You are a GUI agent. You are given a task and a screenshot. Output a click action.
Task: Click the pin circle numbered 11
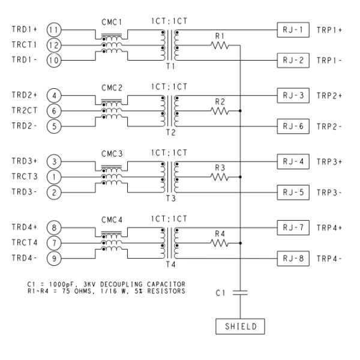coord(53,29)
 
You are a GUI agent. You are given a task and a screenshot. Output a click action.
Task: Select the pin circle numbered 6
coord(53,111)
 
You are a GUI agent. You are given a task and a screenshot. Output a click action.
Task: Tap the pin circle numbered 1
coord(53,177)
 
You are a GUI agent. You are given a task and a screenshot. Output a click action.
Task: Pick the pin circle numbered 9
coord(53,259)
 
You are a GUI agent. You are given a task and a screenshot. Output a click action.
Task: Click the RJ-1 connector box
coord(293,29)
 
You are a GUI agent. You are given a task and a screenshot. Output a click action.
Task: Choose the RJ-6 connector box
coord(293,127)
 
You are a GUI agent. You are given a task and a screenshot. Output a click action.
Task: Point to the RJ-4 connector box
coord(293,161)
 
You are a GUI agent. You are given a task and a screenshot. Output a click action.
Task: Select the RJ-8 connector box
coord(293,259)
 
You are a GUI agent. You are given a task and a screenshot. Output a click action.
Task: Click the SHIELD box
coord(240,327)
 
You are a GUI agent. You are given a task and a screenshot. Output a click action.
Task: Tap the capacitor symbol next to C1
coord(240,292)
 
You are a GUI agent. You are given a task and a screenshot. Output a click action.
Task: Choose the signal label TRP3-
coord(329,193)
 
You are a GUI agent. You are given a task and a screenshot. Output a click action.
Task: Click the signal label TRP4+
coord(329,227)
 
